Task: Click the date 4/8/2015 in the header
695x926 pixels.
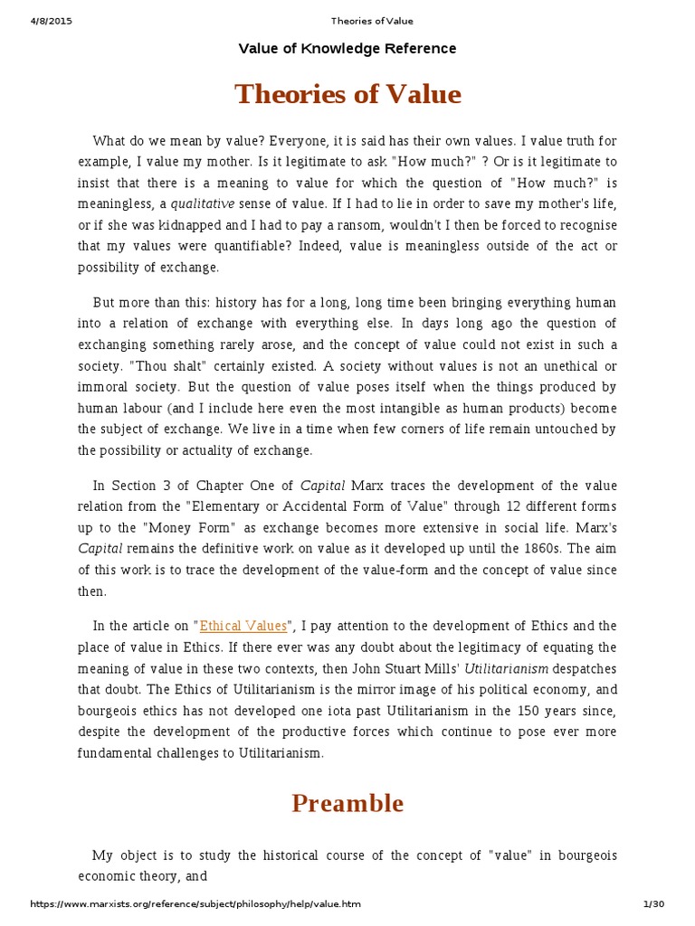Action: pos(52,21)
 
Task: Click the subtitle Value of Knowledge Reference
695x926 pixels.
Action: pos(347,49)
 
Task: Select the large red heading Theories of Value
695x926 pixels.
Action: pos(347,94)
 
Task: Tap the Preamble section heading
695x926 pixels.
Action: pos(347,802)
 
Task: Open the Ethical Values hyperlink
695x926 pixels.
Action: pos(243,626)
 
